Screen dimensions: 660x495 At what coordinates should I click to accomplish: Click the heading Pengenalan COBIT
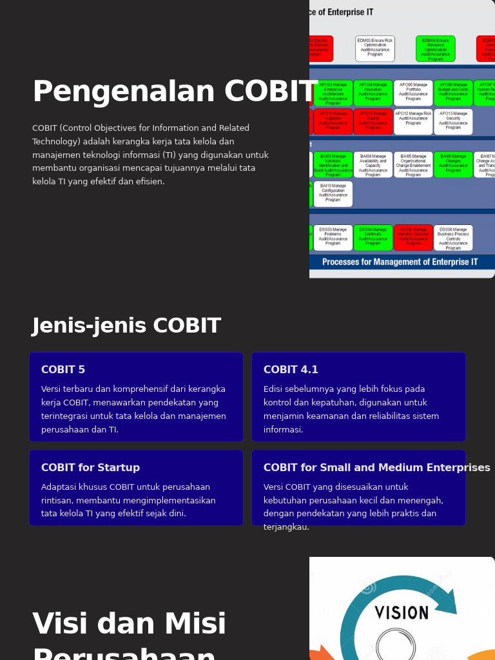(x=175, y=92)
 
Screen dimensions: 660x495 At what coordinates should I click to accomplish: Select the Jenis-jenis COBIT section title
(x=126, y=326)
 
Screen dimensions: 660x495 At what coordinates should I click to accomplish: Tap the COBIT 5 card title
(x=63, y=370)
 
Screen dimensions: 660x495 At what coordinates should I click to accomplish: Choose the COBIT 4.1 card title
(x=291, y=370)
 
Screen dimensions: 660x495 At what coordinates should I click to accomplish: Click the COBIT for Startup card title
(x=90, y=468)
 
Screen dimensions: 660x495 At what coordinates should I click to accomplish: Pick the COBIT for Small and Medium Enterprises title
(x=376, y=468)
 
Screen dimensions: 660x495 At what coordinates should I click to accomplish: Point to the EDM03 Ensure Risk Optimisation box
(x=375, y=49)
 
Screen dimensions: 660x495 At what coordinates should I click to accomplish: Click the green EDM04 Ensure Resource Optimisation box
(x=435, y=49)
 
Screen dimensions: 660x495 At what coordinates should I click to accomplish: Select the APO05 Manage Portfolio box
(x=413, y=93)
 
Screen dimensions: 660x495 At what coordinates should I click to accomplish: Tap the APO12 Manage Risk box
(x=413, y=121)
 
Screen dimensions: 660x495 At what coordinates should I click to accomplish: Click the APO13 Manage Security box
(x=453, y=121)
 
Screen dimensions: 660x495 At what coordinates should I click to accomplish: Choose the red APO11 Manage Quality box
(x=373, y=121)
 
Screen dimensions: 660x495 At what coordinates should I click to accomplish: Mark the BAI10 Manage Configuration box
(x=333, y=193)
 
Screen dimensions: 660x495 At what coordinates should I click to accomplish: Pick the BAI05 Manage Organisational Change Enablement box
(x=413, y=164)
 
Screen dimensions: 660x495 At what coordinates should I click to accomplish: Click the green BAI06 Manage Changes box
(x=453, y=164)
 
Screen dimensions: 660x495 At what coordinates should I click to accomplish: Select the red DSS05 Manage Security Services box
(x=413, y=237)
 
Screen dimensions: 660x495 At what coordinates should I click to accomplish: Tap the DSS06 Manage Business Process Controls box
(x=453, y=237)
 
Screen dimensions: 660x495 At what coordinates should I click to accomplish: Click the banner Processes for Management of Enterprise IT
(x=400, y=262)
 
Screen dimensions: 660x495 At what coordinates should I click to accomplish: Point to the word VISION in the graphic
(x=402, y=612)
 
